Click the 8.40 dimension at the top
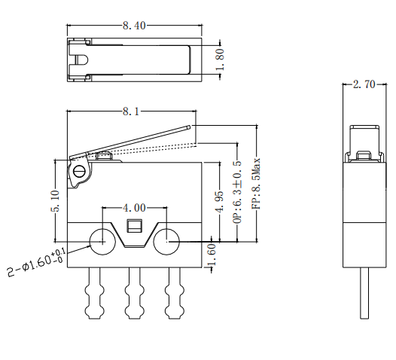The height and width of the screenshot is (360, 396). coord(134,25)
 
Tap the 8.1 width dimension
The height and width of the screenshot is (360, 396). coord(130,111)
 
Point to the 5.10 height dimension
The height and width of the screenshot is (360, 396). coord(55,202)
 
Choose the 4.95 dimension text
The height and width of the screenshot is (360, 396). coord(219,202)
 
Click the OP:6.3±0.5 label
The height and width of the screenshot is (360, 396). coord(237,192)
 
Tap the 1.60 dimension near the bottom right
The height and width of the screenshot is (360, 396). coord(212,255)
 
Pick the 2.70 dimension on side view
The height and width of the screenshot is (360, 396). coord(364,85)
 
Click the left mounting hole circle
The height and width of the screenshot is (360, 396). coord(102,243)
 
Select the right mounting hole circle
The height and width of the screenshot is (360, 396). coord(166,243)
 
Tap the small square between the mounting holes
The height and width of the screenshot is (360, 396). coord(135,225)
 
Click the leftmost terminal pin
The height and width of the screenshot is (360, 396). coord(96,294)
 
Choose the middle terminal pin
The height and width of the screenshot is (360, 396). coord(135,294)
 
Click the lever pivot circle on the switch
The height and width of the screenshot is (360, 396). coord(80,172)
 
